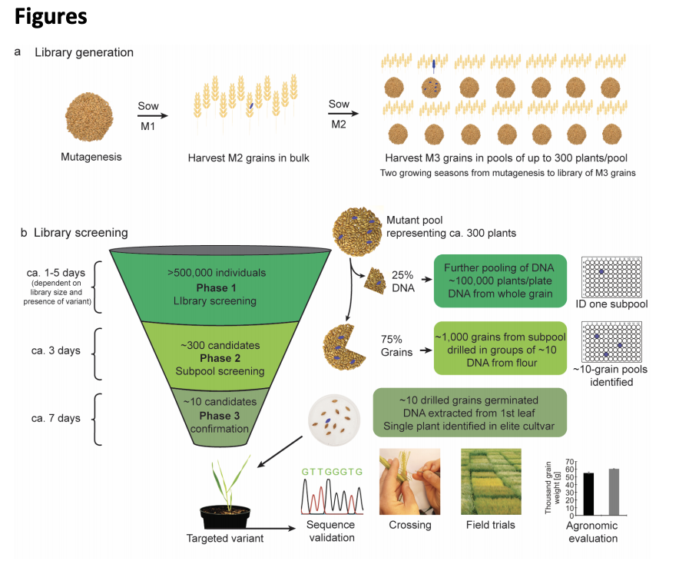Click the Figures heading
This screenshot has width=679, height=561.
coord(51,16)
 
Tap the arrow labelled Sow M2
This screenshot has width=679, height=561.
coord(339,114)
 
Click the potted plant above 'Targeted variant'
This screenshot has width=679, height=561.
coord(227,492)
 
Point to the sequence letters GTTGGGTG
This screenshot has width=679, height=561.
coord(332,471)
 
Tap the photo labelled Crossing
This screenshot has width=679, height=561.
coord(409,483)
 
